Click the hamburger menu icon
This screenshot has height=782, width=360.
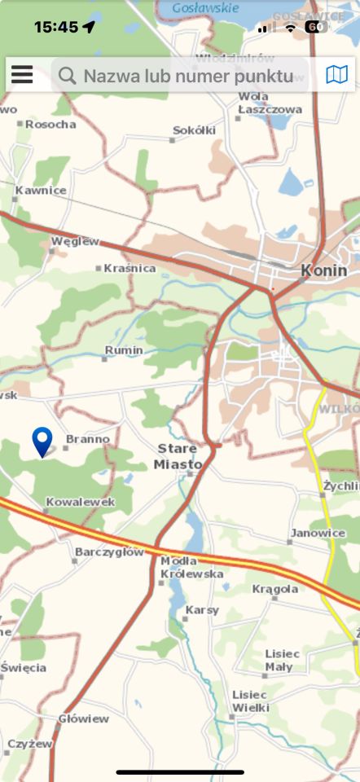point(22,76)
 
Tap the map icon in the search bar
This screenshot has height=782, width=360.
point(336,76)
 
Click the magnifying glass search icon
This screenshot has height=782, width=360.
point(67,77)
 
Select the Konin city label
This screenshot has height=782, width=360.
point(323,270)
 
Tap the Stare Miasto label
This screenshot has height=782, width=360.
point(178,457)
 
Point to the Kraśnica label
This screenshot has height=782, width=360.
point(130,268)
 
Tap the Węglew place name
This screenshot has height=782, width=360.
point(75,241)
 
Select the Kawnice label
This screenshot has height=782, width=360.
point(41,191)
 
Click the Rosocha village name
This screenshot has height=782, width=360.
point(50,125)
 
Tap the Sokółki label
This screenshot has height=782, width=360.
point(195,130)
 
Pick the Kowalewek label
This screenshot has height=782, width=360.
point(81,502)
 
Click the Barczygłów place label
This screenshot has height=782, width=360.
point(109,551)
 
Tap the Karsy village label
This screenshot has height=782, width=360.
point(202,609)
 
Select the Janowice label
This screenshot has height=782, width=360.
point(317,533)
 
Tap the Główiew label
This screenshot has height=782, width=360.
point(83,718)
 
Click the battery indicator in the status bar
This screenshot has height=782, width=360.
point(316,27)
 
